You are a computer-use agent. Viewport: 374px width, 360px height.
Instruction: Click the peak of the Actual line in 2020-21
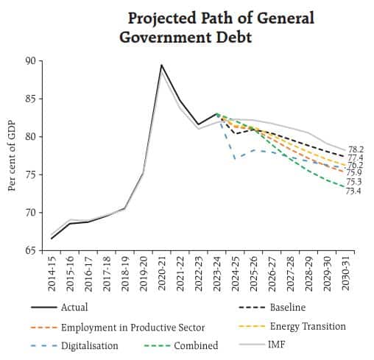161,65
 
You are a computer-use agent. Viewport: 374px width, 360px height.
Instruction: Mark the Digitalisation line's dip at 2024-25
235,158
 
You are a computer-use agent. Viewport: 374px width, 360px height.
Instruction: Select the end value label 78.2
354,149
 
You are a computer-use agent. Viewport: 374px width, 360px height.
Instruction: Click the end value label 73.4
354,191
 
